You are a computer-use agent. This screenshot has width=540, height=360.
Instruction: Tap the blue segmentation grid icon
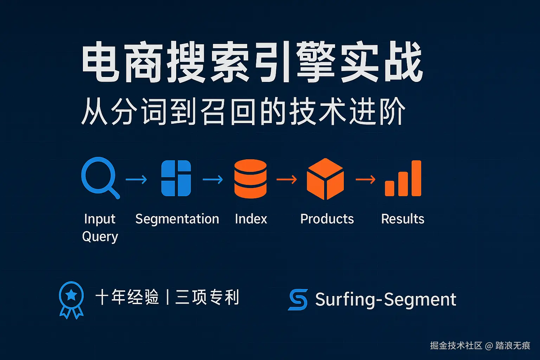coord(176,178)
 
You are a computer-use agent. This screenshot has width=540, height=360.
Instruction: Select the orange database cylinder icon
coord(250,179)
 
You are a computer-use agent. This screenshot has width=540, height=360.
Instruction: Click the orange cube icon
coord(325,179)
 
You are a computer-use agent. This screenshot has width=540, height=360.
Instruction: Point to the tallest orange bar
coord(416,178)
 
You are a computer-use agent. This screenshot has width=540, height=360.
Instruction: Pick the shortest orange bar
coord(390,188)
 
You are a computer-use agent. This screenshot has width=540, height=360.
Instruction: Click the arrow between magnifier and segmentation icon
coord(136,179)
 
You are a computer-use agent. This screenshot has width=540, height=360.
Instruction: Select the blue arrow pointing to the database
coord(213,179)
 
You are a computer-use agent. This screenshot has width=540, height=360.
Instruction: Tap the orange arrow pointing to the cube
coord(287,179)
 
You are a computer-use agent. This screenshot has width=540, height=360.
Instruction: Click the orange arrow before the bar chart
coord(366,179)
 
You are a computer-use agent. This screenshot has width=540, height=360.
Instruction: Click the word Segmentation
coord(177,219)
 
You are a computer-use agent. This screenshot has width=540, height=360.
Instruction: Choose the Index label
coord(251,219)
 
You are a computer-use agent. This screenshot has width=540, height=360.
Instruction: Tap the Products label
coord(327,219)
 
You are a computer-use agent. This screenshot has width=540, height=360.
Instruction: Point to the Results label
coord(403,219)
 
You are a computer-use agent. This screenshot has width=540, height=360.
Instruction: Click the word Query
coord(100,237)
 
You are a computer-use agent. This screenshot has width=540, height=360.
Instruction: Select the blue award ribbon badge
coord(71,300)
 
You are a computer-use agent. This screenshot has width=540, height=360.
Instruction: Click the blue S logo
coord(298,300)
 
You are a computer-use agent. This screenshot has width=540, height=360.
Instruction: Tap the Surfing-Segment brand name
coord(386,300)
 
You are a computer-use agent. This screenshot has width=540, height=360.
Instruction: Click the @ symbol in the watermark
coord(489,346)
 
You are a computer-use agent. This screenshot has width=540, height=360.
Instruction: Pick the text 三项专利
coord(207,297)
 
